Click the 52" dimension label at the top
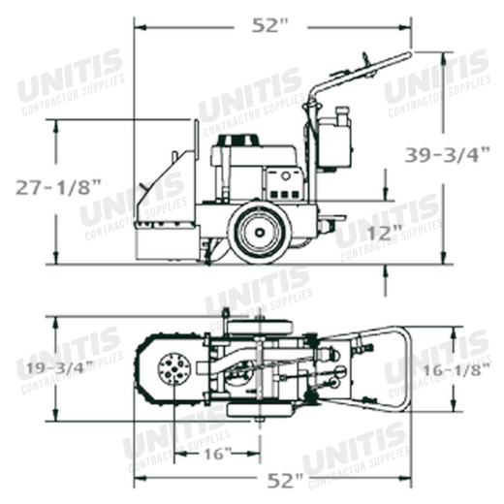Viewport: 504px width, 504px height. pyautogui.click(x=269, y=25)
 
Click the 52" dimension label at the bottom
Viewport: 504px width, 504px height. pyautogui.click(x=286, y=481)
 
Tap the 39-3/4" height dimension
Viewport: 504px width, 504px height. pyautogui.click(x=448, y=155)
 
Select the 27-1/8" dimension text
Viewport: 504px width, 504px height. pyautogui.click(x=58, y=187)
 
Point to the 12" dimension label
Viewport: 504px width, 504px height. pyautogui.click(x=385, y=233)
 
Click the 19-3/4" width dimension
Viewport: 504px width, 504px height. pyautogui.click(x=60, y=368)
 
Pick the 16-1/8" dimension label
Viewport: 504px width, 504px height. pyautogui.click(x=457, y=370)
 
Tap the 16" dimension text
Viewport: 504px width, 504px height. pyautogui.click(x=218, y=454)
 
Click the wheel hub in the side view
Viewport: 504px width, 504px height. pyautogui.click(x=260, y=232)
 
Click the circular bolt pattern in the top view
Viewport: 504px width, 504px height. pyautogui.click(x=174, y=369)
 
